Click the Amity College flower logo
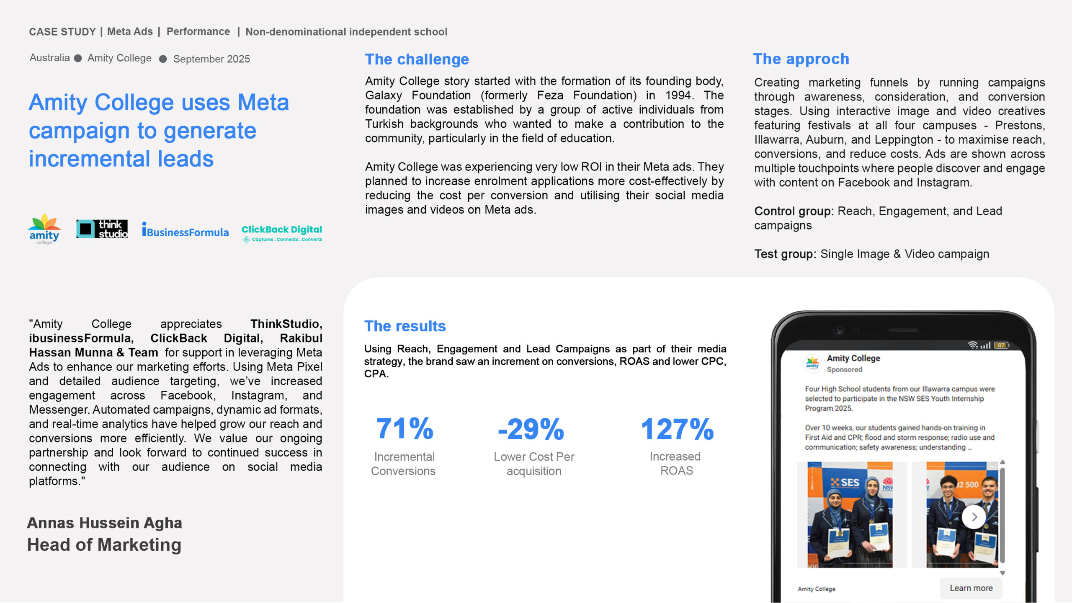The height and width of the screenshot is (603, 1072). tap(44, 229)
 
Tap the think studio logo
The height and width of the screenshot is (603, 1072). tap(102, 229)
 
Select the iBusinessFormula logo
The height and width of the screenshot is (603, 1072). tap(185, 231)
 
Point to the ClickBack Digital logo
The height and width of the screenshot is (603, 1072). tap(281, 233)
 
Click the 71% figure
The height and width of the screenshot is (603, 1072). tap(405, 429)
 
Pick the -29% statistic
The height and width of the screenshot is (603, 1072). tap(531, 429)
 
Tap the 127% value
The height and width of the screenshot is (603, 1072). tap(677, 429)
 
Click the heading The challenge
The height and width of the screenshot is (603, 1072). tap(417, 59)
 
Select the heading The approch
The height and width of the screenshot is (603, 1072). tap(801, 59)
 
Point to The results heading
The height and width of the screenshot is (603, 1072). tap(405, 326)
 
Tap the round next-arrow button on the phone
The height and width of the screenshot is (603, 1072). tap(974, 517)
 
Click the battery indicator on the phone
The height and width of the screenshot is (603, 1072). tap(1001, 345)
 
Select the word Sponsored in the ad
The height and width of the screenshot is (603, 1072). tap(844, 370)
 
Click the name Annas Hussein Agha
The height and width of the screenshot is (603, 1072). tap(105, 523)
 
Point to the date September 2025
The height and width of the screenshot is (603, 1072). tap(211, 59)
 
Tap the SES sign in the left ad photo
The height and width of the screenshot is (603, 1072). tap(846, 482)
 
